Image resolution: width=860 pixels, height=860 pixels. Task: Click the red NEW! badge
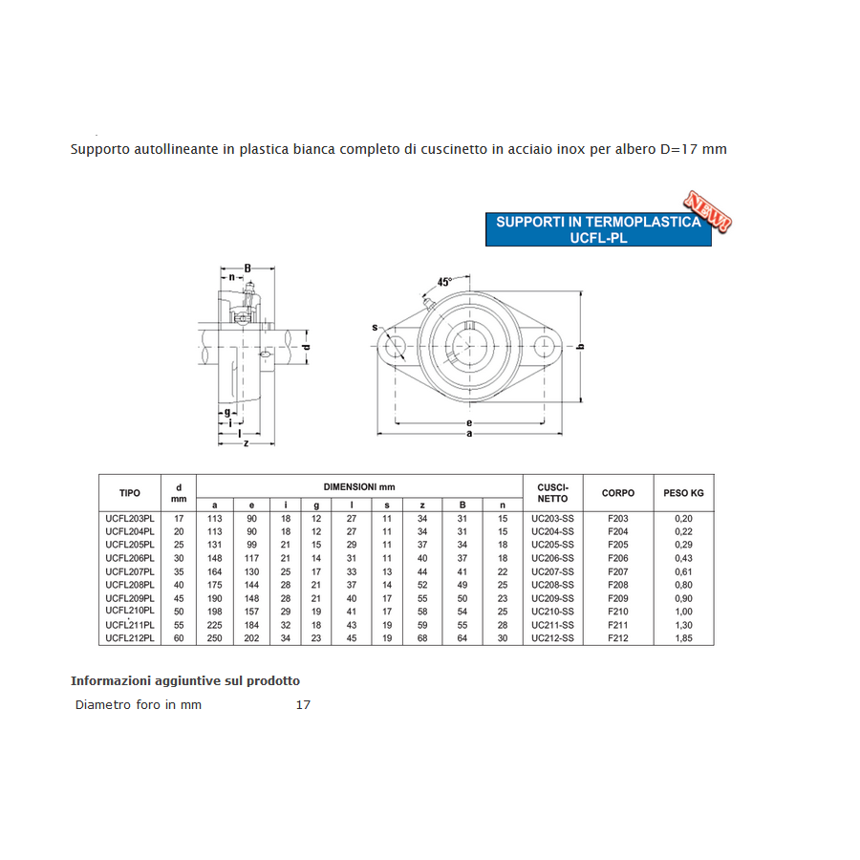tap(707, 211)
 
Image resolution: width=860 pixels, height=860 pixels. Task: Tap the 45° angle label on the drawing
tap(444, 282)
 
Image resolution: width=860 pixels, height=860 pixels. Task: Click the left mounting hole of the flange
tap(395, 347)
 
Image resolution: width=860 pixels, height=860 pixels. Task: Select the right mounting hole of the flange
tap(544, 347)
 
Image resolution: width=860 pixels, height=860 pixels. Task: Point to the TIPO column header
tap(130, 493)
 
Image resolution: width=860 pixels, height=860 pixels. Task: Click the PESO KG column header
tap(683, 493)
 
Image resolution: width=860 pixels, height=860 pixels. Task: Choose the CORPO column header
tap(618, 493)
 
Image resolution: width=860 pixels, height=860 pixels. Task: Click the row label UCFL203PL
tap(130, 518)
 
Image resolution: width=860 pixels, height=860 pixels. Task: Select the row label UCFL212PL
tap(130, 638)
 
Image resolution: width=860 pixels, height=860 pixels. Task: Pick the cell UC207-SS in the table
tap(553, 571)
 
